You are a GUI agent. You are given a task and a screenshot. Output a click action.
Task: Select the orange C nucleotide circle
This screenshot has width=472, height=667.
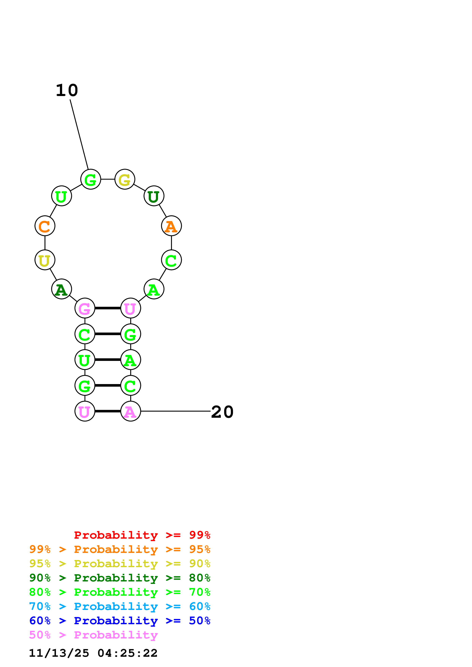[45, 226]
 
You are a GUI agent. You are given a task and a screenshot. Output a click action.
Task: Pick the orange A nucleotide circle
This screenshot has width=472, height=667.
[171, 226]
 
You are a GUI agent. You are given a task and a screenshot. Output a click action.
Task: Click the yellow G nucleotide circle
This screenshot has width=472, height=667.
[125, 179]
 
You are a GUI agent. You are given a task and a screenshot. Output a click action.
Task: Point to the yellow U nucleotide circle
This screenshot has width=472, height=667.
[45, 260]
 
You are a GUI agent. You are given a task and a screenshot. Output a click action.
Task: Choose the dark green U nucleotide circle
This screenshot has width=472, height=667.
[154, 196]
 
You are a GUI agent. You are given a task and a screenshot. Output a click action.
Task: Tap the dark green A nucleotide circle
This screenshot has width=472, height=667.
[61, 289]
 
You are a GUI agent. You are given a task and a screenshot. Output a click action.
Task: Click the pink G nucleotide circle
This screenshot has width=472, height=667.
[85, 308]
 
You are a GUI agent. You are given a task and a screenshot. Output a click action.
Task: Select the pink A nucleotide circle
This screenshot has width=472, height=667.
[131, 411]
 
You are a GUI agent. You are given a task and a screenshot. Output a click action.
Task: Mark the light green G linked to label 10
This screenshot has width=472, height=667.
[91, 179]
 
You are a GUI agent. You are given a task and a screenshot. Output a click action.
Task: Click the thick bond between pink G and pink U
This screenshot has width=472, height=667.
[108, 308]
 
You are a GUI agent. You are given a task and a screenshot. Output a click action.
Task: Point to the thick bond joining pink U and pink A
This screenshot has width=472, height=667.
[108, 411]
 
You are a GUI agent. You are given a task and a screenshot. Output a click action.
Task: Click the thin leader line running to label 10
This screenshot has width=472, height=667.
[79, 134]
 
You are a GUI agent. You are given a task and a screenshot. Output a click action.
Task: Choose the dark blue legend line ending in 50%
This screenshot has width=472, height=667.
[120, 621]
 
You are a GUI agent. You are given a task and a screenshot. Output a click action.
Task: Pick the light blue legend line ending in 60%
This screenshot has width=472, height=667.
[120, 606]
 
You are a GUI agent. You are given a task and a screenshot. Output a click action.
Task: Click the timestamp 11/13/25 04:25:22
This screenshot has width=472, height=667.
[93, 653]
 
